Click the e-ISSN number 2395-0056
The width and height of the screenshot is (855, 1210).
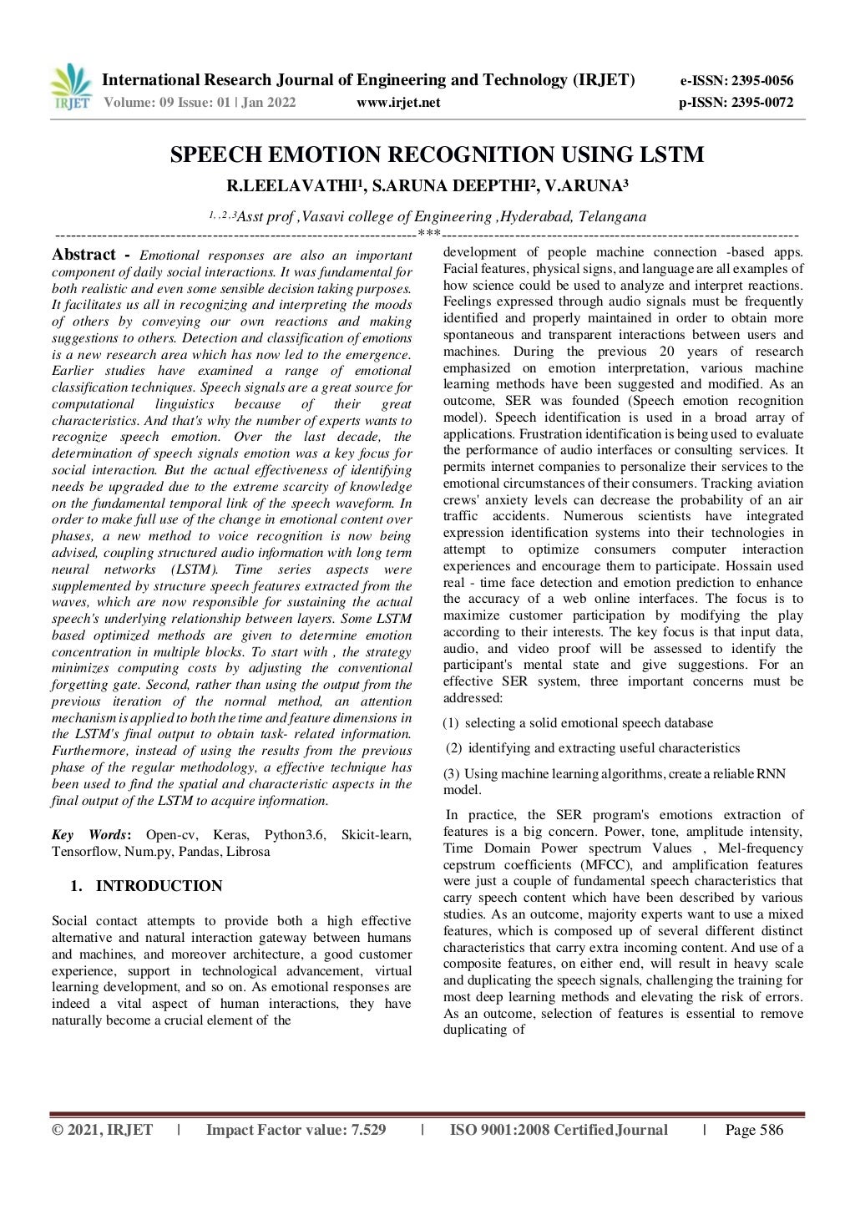[x=761, y=81]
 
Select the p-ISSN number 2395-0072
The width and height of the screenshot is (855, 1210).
[x=761, y=103]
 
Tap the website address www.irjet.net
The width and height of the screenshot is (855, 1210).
[x=398, y=103]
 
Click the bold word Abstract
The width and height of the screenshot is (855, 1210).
[x=83, y=255]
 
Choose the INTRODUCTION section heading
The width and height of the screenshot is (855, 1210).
[x=159, y=886]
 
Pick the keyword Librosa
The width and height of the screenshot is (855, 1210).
[x=247, y=852]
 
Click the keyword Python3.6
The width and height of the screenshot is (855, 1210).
[x=295, y=835]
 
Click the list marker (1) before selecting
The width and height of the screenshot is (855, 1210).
[x=451, y=723]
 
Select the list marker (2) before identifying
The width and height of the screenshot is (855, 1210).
[x=454, y=748]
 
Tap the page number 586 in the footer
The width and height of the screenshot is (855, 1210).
[x=771, y=1130]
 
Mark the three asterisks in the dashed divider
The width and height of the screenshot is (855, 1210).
[x=428, y=235]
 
